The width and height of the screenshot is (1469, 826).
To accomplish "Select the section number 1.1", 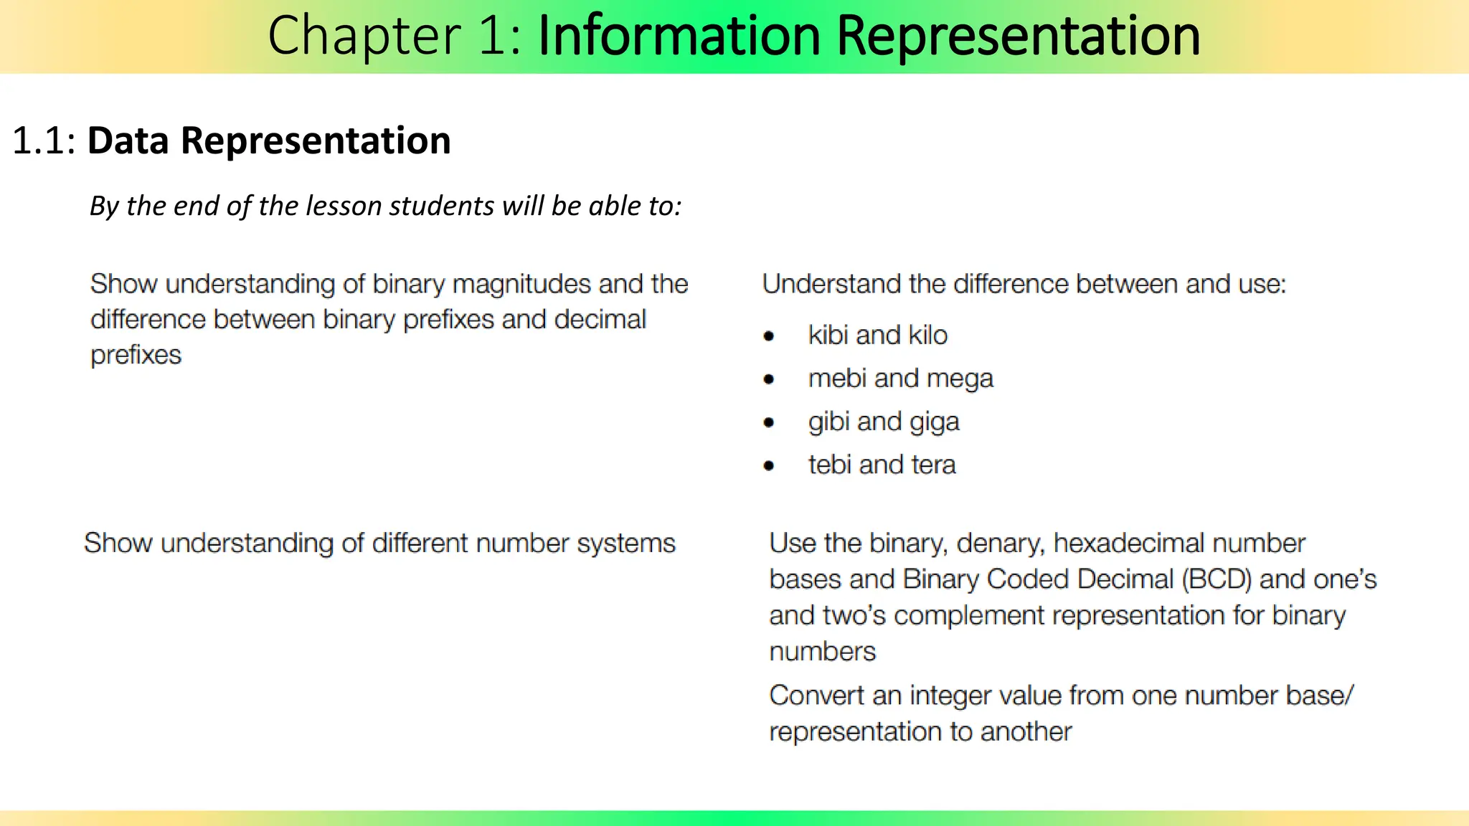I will (43, 141).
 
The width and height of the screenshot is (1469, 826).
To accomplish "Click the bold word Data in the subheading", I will (129, 141).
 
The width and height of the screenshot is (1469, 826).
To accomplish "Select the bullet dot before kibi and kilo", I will (769, 336).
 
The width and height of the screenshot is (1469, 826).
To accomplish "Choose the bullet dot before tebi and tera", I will (769, 465).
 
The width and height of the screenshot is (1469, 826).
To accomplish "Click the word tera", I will (933, 465).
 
